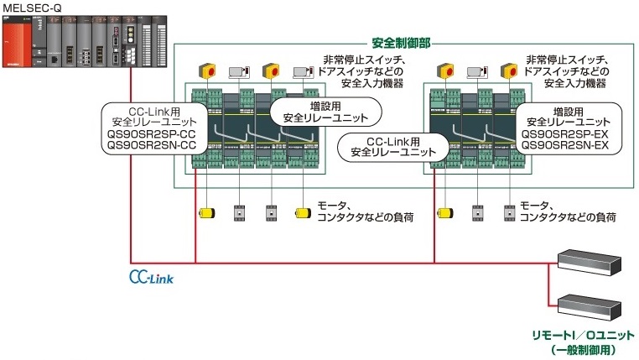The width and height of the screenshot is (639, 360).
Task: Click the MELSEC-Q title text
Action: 33,7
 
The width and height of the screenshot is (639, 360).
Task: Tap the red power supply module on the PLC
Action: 20,42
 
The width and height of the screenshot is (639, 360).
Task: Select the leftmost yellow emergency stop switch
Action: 205,70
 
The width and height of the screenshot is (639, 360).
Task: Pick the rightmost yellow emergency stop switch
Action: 507,70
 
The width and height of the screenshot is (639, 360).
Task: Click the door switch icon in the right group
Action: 475,71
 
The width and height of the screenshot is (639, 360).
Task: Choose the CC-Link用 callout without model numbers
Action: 392,147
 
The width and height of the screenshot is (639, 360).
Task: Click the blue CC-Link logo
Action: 152,274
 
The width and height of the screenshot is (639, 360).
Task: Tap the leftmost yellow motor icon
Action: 205,213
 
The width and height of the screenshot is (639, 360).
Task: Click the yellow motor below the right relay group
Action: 444,213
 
